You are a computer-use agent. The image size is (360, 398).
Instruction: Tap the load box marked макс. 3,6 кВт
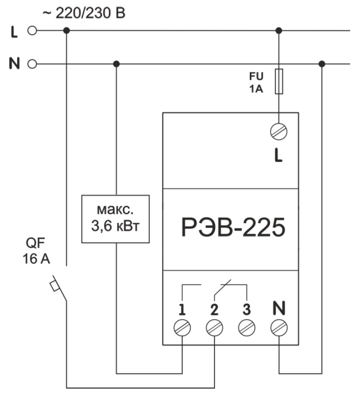pyautogui.click(x=116, y=219)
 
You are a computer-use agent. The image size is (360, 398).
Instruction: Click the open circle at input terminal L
pyautogui.click(x=32, y=31)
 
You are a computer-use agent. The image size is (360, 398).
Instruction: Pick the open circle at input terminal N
pyautogui.click(x=32, y=64)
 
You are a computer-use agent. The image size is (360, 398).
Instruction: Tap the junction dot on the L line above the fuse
pyautogui.click(x=279, y=31)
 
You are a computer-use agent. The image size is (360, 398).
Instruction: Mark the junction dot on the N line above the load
pyautogui.click(x=116, y=64)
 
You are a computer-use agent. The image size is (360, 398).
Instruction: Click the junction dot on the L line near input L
pyautogui.click(x=67, y=31)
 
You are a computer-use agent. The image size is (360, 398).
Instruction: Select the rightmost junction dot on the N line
pyautogui.click(x=321, y=64)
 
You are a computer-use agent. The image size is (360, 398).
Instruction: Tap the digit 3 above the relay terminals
pyautogui.click(x=247, y=308)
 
